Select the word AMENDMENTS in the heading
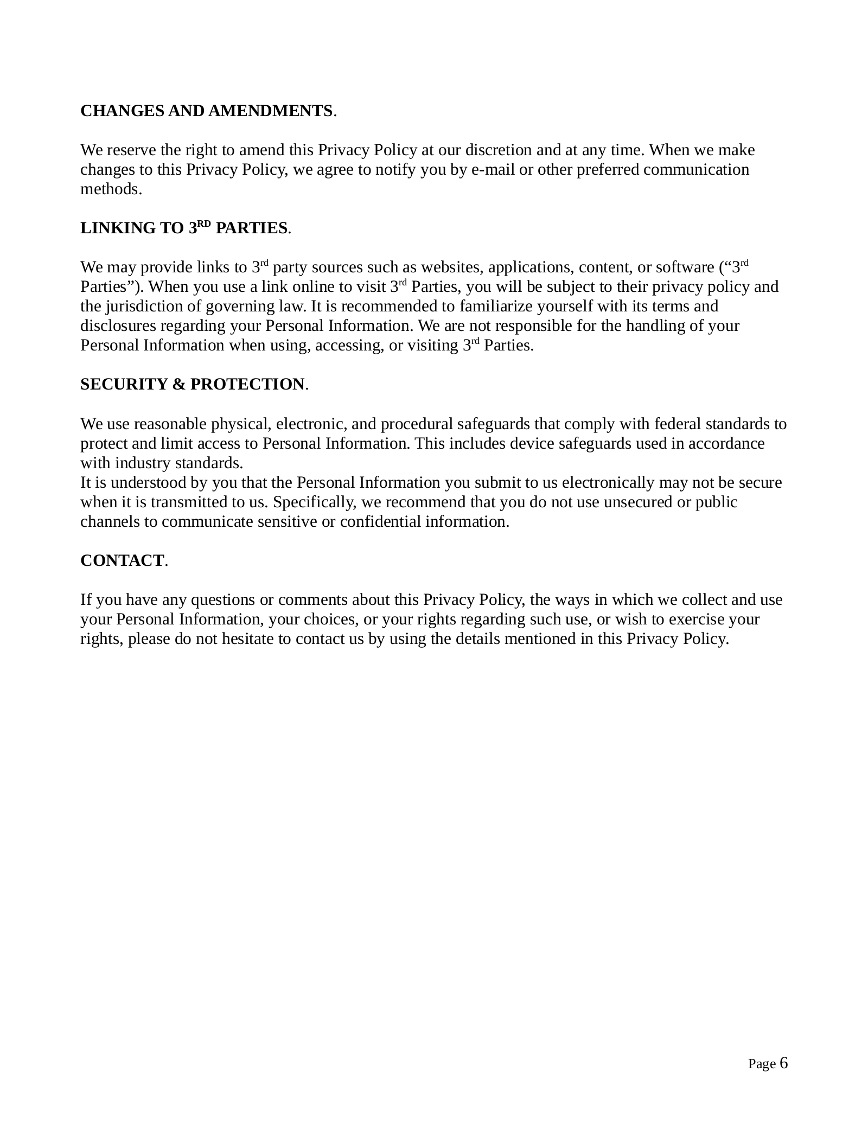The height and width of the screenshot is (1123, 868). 270,111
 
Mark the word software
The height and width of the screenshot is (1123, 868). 685,267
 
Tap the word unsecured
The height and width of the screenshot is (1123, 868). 637,502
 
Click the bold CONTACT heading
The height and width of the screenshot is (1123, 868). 122,561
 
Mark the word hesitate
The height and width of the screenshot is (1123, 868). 247,639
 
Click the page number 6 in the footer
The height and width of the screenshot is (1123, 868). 783,1063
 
